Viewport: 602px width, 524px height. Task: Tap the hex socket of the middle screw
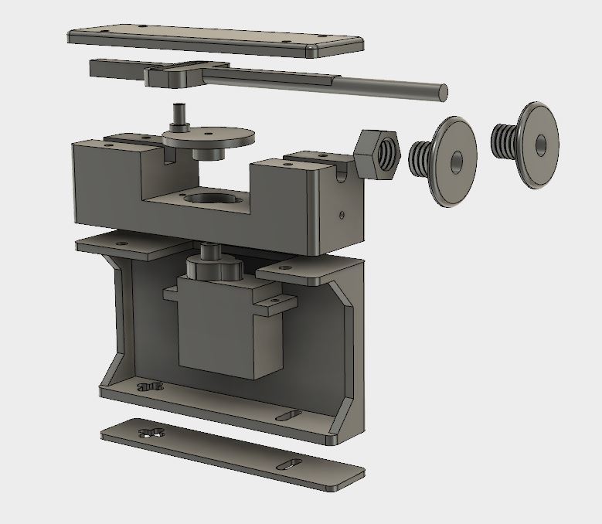pos(457,162)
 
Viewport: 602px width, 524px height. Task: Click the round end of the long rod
pos(442,91)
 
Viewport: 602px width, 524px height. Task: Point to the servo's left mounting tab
pos(172,293)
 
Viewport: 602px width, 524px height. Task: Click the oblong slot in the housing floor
pos(291,417)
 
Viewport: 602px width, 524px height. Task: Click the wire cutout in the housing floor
pos(151,384)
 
